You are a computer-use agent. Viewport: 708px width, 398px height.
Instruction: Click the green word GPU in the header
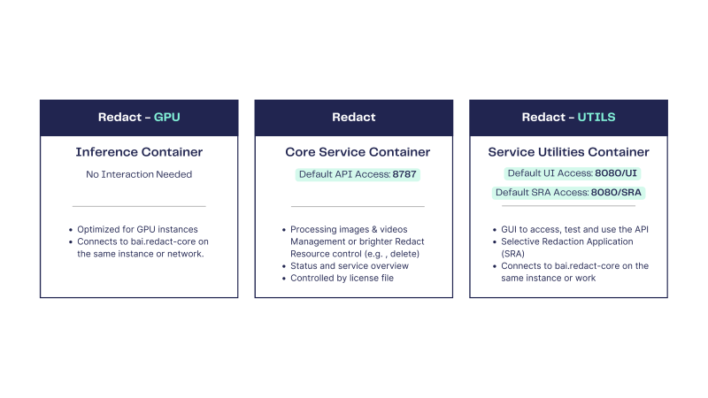(x=166, y=118)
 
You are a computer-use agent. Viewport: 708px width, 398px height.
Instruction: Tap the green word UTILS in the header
(x=596, y=118)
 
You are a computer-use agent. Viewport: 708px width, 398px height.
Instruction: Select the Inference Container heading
(x=139, y=152)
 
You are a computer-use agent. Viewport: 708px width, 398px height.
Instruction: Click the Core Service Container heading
(x=358, y=152)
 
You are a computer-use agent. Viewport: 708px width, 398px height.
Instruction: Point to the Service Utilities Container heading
(x=568, y=152)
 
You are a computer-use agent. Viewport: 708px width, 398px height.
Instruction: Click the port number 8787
(x=404, y=174)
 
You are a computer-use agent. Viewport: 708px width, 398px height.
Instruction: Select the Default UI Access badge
(x=572, y=173)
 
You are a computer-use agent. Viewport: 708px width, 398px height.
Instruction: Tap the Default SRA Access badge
(x=568, y=193)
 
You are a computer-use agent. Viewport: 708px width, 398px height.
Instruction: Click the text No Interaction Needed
(x=139, y=174)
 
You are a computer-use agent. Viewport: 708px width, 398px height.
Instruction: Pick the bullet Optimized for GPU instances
(x=137, y=229)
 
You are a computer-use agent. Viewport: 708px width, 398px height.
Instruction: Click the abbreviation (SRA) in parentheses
(x=513, y=254)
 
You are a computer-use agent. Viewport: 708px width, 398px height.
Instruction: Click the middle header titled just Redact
(x=353, y=118)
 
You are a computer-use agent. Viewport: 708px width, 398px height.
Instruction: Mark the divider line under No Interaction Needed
(x=139, y=206)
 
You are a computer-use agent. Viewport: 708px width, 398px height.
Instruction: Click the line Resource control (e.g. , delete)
(x=355, y=254)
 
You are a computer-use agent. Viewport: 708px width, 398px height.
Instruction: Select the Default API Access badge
(x=358, y=174)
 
